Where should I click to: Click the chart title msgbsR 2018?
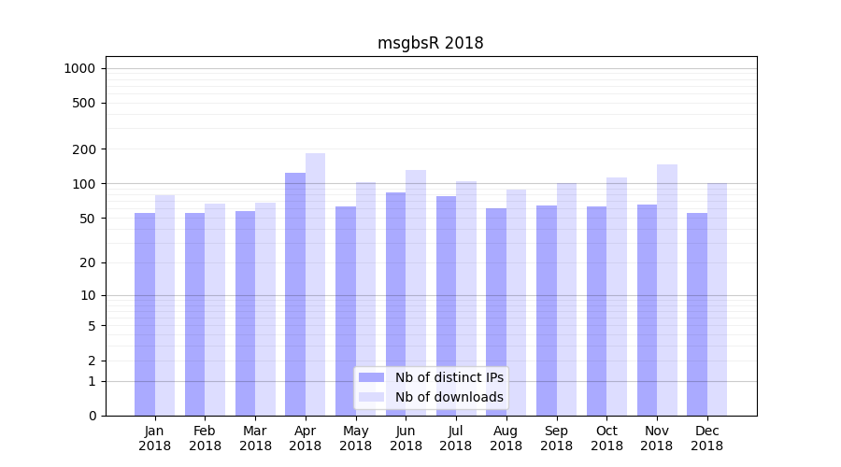430,43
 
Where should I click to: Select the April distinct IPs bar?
295,294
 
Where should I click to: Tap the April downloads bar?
316,285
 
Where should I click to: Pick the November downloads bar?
667,290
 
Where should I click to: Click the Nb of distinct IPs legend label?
449,377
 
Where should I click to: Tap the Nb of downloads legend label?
449,397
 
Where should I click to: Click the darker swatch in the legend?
372,377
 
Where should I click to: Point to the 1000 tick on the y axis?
78,68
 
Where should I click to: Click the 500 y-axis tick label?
83,103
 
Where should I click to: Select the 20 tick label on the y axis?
87,262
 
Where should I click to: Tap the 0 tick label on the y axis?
92,416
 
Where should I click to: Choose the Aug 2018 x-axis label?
506,438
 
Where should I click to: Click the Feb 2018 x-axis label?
205,438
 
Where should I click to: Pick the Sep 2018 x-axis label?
556,438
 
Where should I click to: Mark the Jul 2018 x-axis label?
456,438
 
